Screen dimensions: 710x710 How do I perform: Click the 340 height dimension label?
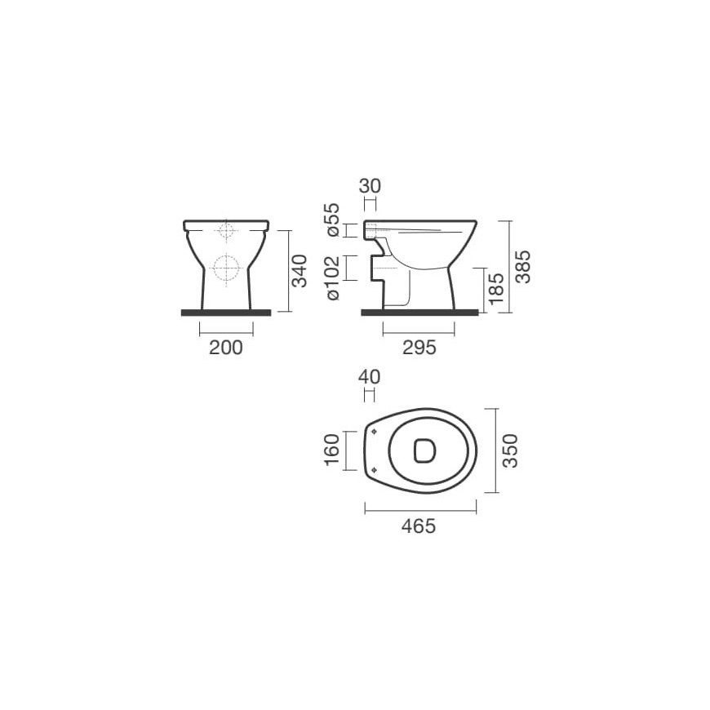pyautogui.click(x=300, y=271)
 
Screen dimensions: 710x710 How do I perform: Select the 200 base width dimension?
pyautogui.click(x=226, y=348)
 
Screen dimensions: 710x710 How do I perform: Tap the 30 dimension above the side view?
pyautogui.click(x=370, y=186)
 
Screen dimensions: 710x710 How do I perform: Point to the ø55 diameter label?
pyautogui.click(x=333, y=220)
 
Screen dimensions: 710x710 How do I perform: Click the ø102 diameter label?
pyautogui.click(x=333, y=277)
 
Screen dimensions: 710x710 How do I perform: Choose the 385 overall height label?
pyautogui.click(x=523, y=267)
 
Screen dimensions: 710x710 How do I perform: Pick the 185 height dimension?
pyautogui.click(x=496, y=288)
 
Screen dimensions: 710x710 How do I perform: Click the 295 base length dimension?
pyautogui.click(x=419, y=348)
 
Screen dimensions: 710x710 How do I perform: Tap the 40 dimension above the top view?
pyautogui.click(x=369, y=377)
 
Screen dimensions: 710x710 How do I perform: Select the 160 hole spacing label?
pyautogui.click(x=332, y=450)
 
